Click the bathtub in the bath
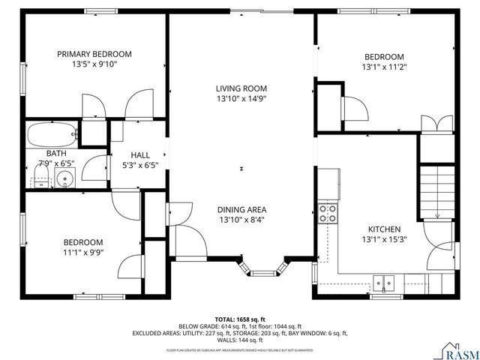pyautogui.click(x=52, y=136)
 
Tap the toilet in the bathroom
pyautogui.click(x=41, y=178)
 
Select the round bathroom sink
pyautogui.click(x=66, y=178)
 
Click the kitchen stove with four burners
pyautogui.click(x=328, y=213)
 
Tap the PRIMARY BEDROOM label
pyautogui.click(x=95, y=54)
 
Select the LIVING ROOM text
pyautogui.click(x=241, y=88)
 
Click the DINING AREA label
pyautogui.click(x=241, y=210)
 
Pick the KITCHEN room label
pyautogui.click(x=383, y=229)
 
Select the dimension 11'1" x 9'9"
pyautogui.click(x=83, y=253)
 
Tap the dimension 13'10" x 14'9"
pyautogui.click(x=241, y=98)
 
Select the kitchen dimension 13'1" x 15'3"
pyautogui.click(x=383, y=240)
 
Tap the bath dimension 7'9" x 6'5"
pyautogui.click(x=58, y=163)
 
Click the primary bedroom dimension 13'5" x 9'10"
pyautogui.click(x=95, y=64)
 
